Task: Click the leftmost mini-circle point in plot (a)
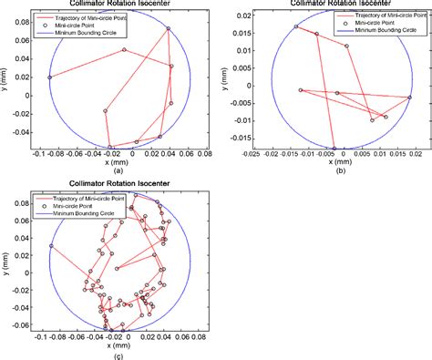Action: [x=49, y=77]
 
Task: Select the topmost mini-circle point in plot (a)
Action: [x=169, y=29]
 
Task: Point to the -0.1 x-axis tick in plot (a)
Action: [x=36, y=155]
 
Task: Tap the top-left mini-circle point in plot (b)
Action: [x=297, y=26]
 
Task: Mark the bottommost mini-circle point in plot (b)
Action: [x=334, y=149]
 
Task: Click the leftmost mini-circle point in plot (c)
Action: [x=51, y=246]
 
